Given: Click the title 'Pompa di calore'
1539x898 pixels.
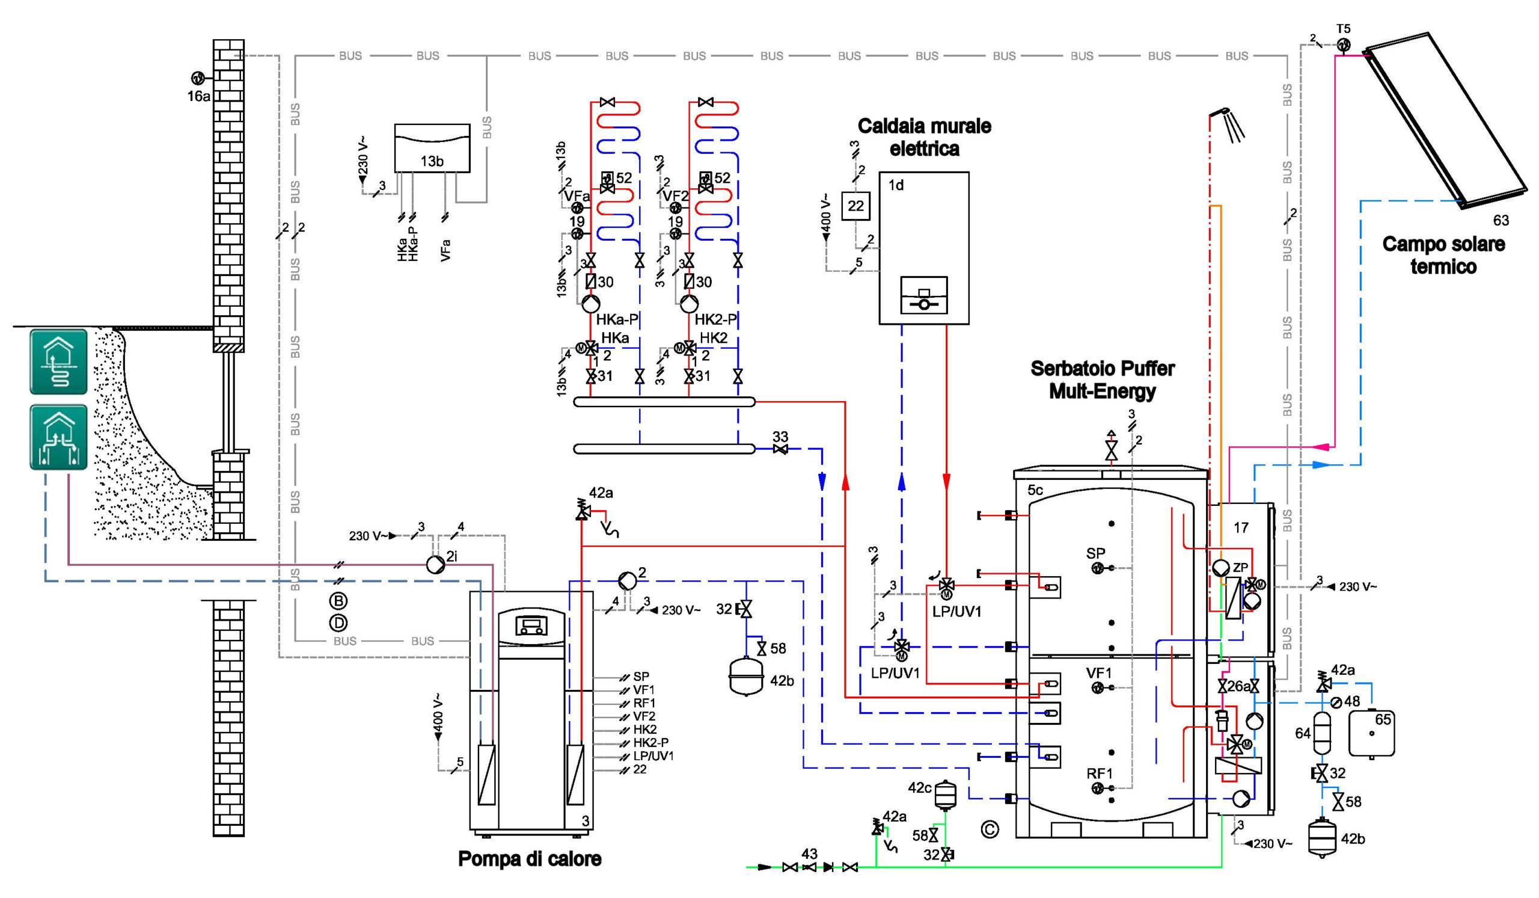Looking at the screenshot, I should [530, 858].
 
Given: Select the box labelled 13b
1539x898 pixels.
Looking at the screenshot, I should [432, 149].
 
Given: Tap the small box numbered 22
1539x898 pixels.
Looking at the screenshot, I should [855, 206].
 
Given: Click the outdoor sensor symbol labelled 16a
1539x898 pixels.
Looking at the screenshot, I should [197, 78].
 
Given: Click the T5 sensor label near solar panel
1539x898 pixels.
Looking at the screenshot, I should [1343, 29].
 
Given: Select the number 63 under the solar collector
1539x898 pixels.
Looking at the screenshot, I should [1501, 221].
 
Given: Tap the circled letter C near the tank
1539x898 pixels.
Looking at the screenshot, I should [990, 829].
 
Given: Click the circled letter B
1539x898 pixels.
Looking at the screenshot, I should [338, 601].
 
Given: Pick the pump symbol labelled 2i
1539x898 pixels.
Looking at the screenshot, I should [435, 564].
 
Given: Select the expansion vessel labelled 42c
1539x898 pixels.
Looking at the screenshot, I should [946, 794].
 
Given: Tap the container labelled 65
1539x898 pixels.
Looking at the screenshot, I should [1371, 733].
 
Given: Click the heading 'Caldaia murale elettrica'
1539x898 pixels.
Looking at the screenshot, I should [924, 137].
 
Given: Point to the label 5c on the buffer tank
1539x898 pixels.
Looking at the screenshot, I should [1035, 490].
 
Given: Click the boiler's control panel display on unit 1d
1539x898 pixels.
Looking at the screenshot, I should [924, 295].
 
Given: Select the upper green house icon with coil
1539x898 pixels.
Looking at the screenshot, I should [59, 361].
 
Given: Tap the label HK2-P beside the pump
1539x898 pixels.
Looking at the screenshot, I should [715, 319].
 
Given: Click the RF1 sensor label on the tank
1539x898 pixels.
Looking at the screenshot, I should [1099, 773].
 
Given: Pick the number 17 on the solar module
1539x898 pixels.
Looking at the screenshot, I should [1240, 528].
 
